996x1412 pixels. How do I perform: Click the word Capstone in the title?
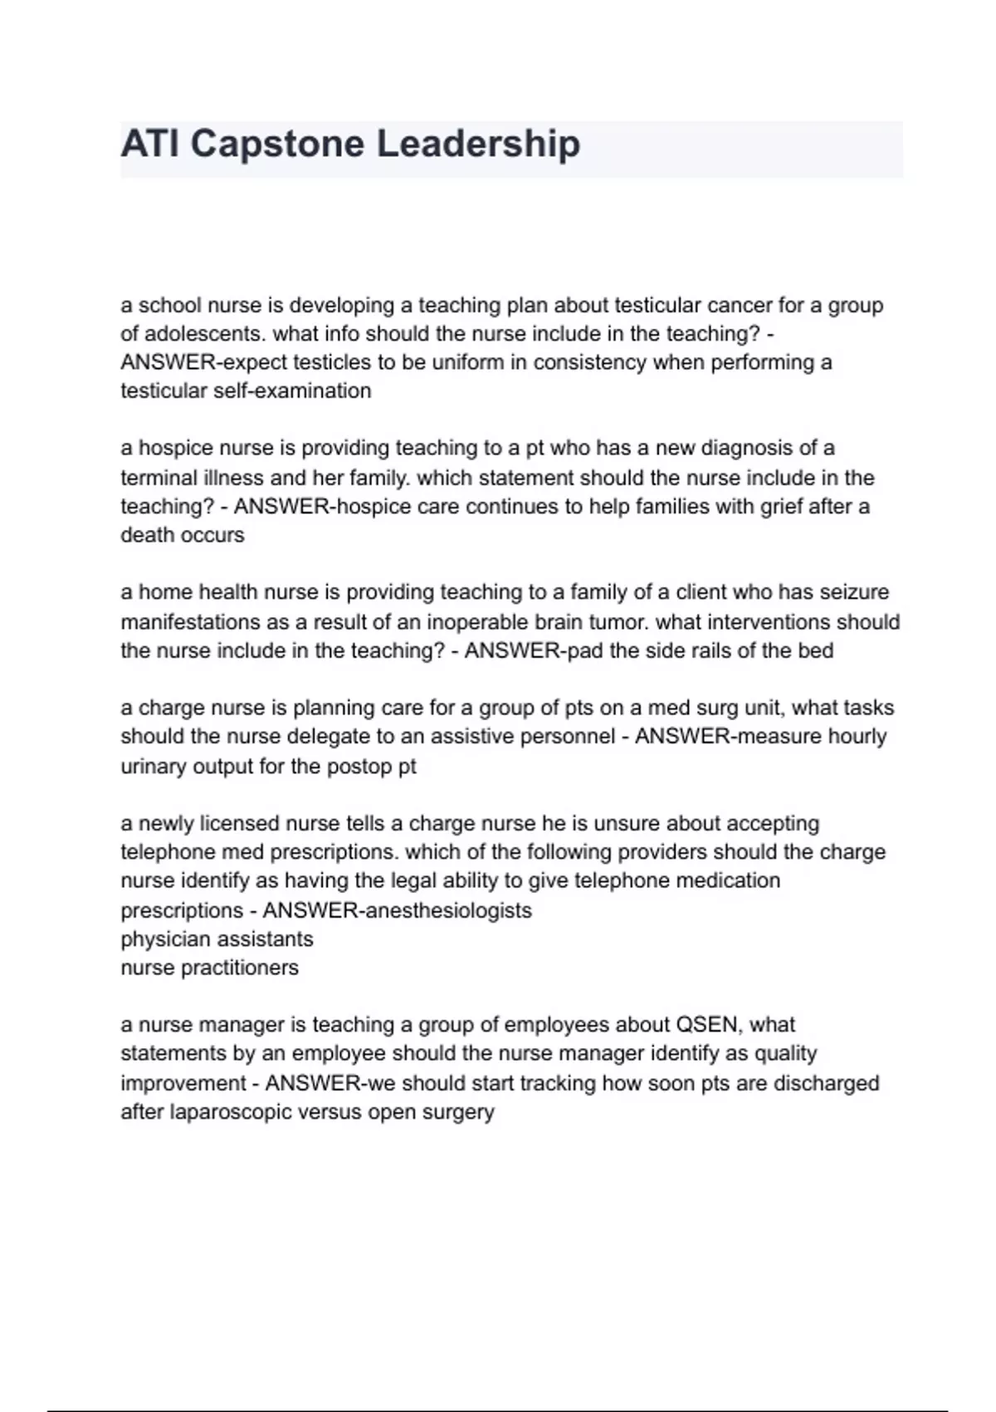278,145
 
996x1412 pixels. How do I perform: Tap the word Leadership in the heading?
478,145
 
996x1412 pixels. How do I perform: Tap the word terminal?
157,478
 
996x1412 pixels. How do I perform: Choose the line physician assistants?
217,939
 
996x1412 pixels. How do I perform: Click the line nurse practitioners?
209,968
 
